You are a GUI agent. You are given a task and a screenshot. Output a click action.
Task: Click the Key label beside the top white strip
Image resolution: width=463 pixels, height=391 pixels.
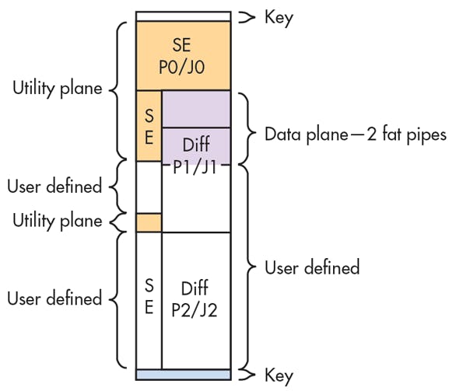click(278, 17)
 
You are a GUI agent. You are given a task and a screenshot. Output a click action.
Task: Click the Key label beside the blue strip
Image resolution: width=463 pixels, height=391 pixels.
click(278, 376)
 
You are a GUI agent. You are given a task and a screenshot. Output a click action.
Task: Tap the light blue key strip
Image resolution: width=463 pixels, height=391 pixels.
click(183, 375)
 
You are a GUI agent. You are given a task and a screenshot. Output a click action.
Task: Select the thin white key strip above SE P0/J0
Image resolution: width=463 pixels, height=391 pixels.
click(183, 16)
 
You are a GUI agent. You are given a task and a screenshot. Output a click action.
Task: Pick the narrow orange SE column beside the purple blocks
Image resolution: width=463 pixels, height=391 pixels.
click(149, 125)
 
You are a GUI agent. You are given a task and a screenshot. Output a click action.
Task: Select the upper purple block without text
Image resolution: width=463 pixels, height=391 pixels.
click(195, 108)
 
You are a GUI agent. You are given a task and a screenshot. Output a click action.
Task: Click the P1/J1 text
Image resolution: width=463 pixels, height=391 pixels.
click(195, 165)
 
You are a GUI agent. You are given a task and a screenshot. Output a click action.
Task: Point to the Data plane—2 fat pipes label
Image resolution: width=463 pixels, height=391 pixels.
click(355, 134)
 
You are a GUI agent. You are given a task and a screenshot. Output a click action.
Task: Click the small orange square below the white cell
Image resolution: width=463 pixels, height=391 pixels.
click(149, 222)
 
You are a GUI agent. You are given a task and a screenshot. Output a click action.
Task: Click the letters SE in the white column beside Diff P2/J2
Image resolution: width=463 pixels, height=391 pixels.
click(149, 298)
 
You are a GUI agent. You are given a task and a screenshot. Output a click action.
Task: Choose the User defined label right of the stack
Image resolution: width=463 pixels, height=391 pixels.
click(312, 268)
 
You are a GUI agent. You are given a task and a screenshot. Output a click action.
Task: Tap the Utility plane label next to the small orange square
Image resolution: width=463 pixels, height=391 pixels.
click(58, 221)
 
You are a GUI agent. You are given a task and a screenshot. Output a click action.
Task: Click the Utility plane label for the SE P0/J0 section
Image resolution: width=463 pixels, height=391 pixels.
click(58, 89)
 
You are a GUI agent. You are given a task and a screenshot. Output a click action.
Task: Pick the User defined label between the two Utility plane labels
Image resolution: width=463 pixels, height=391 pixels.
click(54, 187)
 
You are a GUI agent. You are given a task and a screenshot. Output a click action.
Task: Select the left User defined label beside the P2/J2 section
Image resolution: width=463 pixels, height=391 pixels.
click(54, 298)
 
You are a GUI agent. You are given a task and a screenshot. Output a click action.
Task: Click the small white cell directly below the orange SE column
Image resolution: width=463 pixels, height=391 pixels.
click(149, 187)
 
